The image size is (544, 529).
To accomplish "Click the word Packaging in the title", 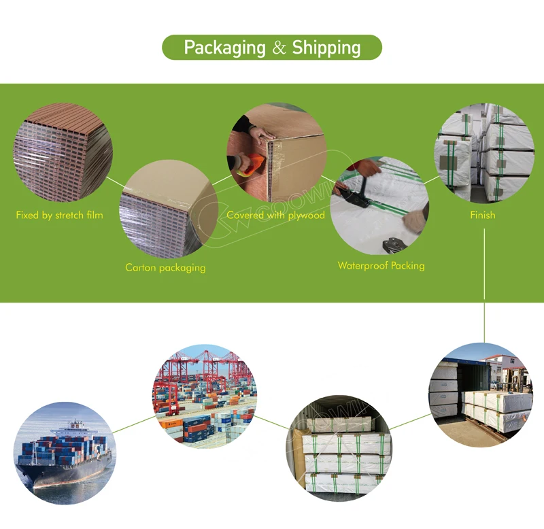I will (x=224, y=48).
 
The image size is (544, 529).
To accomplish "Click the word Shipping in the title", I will (x=326, y=48).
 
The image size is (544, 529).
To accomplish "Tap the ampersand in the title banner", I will (x=279, y=48).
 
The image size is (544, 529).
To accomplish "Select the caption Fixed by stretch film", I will (x=60, y=216).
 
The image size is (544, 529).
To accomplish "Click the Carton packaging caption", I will (x=165, y=267).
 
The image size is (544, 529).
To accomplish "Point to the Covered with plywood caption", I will (x=275, y=215).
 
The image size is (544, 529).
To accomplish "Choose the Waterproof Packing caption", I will (x=381, y=265).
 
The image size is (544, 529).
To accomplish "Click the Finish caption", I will (x=483, y=215).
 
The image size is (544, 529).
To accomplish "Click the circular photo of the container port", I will (x=205, y=396).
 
